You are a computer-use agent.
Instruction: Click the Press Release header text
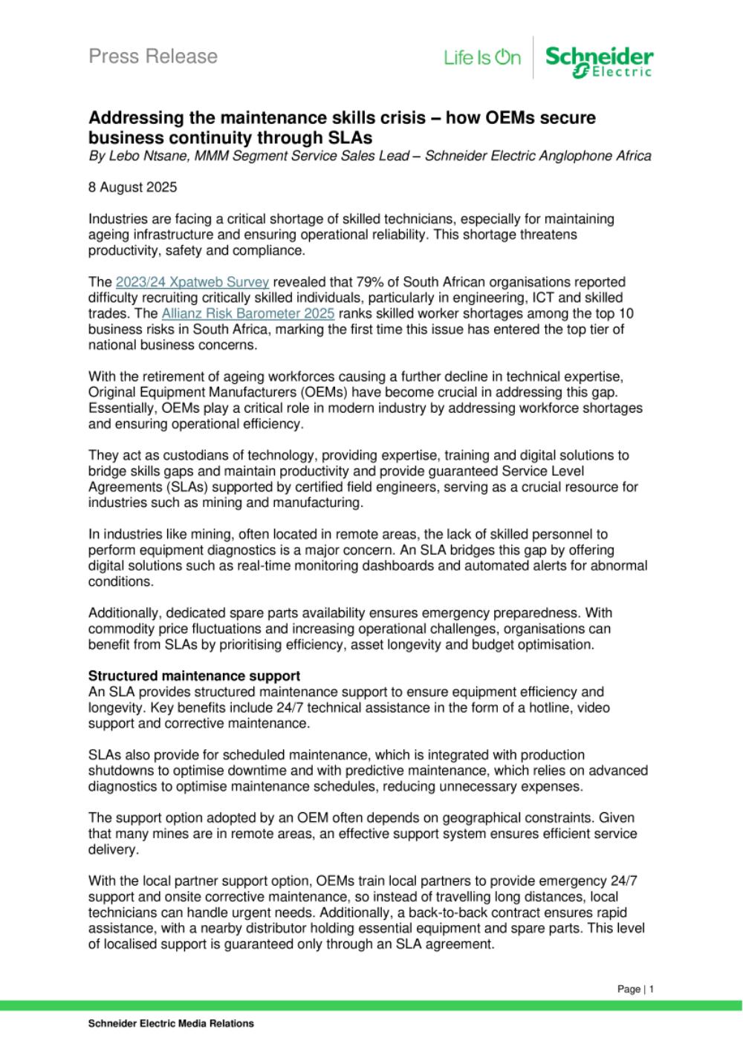pos(153,56)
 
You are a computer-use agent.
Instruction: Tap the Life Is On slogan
pos(482,58)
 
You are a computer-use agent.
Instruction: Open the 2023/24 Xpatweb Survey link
pos(192,282)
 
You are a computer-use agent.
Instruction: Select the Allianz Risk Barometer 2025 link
pos(247,313)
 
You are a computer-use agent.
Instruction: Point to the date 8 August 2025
pos(133,187)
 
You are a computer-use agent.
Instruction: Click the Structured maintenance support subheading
pos(194,676)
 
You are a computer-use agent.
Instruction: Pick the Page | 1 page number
pos(635,989)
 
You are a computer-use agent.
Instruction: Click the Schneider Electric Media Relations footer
pos(171,1024)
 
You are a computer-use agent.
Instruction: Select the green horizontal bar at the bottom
pos(371,1005)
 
